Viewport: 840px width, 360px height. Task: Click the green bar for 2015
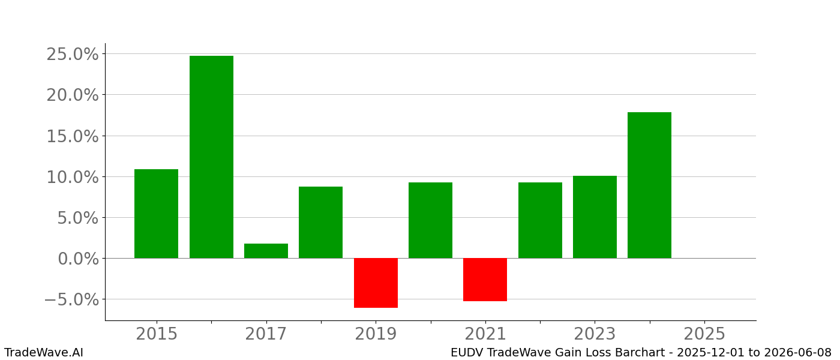156,214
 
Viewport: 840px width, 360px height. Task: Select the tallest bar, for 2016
211,157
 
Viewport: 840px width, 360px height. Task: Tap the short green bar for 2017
266,251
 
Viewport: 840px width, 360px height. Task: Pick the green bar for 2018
320,222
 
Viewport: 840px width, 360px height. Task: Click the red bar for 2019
376,283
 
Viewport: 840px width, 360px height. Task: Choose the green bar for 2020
430,220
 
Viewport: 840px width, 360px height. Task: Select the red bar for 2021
485,280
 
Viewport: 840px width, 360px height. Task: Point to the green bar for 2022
540,220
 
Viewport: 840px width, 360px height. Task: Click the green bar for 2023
595,217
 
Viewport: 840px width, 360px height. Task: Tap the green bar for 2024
649,185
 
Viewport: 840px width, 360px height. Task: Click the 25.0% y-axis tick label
73,54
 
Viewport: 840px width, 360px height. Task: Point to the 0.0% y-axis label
78,259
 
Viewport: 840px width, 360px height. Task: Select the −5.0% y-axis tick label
71,299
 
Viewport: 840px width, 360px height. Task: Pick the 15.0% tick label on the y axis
73,136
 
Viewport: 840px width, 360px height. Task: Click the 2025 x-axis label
704,334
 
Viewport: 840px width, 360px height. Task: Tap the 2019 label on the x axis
376,334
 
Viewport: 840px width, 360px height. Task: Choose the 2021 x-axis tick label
485,334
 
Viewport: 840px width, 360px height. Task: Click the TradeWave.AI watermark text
44,353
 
